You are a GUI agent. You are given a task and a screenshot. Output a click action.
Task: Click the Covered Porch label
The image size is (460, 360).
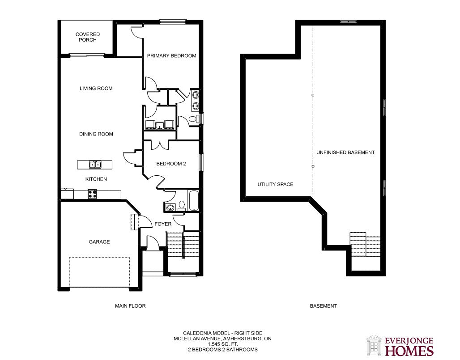coord(87,37)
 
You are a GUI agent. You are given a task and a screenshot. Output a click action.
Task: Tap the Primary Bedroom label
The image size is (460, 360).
coord(172,56)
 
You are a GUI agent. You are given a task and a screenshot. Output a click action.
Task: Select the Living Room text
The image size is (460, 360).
coord(96,88)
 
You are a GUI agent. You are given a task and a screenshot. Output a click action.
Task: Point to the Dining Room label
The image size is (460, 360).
coord(96,134)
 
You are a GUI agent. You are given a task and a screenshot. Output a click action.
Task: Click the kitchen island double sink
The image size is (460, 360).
coord(95,165)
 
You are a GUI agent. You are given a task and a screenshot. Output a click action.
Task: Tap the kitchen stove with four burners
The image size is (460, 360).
coord(93,194)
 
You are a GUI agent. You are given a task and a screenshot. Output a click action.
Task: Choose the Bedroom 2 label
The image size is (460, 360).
coord(171,164)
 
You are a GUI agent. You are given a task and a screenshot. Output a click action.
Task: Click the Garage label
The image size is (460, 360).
coord(99,242)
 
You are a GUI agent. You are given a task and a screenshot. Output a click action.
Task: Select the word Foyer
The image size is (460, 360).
coord(163,224)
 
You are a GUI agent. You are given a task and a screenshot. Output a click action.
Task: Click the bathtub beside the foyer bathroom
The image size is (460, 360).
coord(194,201)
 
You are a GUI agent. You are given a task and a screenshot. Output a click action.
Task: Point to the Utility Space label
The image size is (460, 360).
coord(275,184)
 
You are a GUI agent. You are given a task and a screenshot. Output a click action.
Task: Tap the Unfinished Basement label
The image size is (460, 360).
coord(345,152)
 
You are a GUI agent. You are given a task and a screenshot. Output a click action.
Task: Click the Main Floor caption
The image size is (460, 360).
coord(130,306)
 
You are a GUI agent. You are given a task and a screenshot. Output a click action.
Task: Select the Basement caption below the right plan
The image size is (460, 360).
coord(323,306)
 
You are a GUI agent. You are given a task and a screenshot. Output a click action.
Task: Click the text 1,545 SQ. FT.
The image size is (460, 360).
coord(223,344)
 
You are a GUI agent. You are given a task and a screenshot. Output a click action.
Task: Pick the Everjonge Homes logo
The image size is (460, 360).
coord(400,346)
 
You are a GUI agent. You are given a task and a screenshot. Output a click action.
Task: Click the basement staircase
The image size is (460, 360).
coord(365,244)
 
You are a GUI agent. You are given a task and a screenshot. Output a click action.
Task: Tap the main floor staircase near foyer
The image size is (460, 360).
coord(183,244)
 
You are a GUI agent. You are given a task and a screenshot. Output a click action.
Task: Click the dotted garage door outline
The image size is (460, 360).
coord(99,272)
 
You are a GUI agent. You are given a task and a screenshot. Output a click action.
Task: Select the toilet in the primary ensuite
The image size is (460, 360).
coord(193,119)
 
